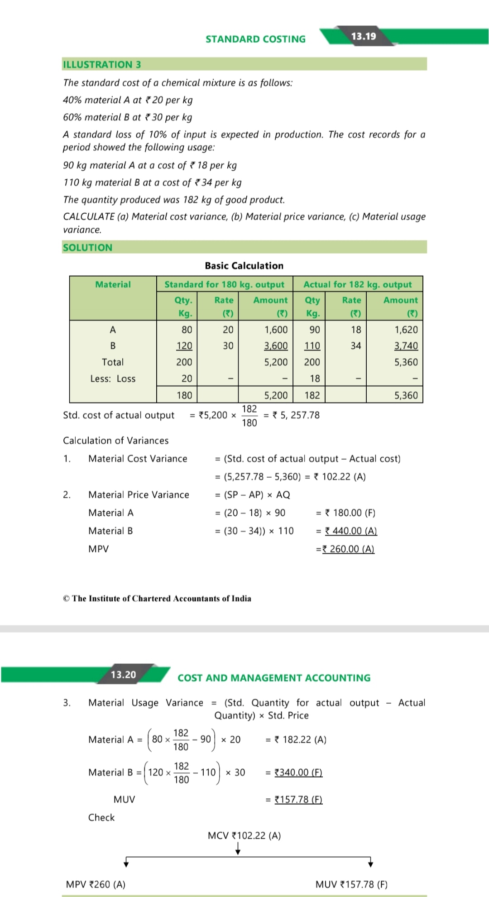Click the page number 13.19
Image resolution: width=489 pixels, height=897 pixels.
click(x=363, y=36)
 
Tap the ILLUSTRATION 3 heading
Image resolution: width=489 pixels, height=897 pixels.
click(x=102, y=64)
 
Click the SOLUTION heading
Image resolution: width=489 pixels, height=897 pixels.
click(x=87, y=247)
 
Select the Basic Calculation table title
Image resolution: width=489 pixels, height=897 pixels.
click(x=244, y=266)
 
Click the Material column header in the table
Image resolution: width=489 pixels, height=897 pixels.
click(x=113, y=284)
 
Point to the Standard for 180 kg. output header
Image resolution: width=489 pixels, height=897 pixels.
click(x=224, y=284)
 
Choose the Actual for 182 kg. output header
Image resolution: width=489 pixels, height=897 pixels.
click(x=357, y=284)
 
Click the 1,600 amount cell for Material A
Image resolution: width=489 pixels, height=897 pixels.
click(x=276, y=330)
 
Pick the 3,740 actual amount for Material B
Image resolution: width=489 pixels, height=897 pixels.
click(x=406, y=346)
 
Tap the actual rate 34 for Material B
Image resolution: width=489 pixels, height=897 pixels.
click(x=356, y=346)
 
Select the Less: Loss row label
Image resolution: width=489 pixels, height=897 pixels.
click(x=113, y=379)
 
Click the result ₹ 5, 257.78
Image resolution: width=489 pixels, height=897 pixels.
click(x=296, y=415)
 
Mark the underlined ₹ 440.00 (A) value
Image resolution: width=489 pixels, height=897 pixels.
click(x=351, y=531)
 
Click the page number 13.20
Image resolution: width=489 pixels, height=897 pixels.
click(x=123, y=675)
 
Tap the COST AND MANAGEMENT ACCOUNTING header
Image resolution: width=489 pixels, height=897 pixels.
click(x=274, y=678)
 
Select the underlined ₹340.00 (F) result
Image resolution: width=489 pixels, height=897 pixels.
click(x=298, y=772)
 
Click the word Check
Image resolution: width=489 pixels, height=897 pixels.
click(x=101, y=817)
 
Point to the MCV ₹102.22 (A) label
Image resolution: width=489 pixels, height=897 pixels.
click(x=244, y=835)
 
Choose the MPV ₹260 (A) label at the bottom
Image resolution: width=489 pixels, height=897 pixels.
click(x=96, y=884)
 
